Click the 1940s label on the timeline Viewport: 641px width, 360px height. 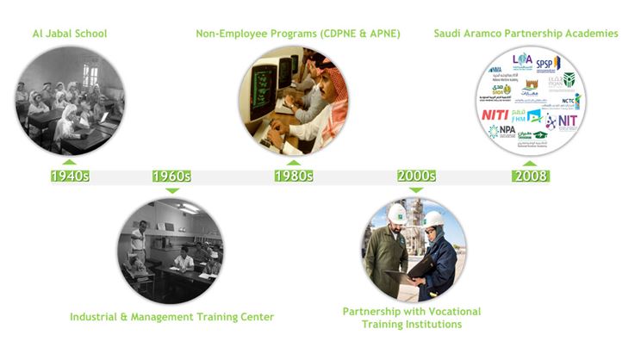[70, 176]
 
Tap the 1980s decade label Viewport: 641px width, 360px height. [294, 176]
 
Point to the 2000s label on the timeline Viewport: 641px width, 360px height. [417, 176]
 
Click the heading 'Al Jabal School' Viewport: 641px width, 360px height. [70, 34]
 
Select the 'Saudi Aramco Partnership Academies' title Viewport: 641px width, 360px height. [526, 34]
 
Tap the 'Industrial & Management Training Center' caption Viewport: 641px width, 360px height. [171, 317]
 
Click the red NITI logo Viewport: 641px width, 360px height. [495, 114]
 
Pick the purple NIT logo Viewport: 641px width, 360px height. [564, 121]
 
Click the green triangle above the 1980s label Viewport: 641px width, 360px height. [294, 162]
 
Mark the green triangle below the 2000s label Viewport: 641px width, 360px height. [417, 189]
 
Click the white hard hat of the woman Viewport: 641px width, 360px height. [434, 219]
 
